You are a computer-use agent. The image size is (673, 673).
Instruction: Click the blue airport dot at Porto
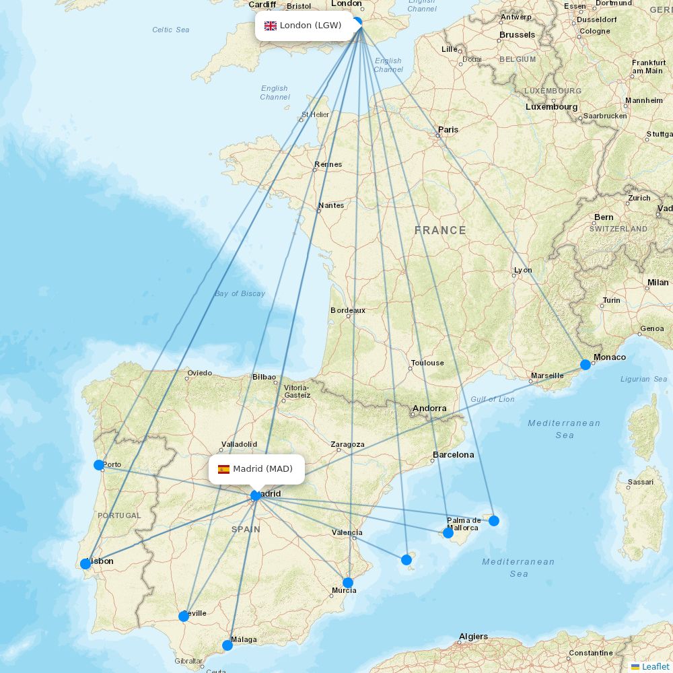[99, 465]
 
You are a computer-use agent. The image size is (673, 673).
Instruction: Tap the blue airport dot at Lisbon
[85, 564]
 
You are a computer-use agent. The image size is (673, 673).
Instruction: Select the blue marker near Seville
[184, 616]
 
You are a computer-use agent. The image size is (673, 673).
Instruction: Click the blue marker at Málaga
[227, 645]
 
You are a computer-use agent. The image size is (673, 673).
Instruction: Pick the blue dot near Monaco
[586, 365]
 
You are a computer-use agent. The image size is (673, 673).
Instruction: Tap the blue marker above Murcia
[348, 583]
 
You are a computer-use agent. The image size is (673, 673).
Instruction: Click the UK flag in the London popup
[271, 26]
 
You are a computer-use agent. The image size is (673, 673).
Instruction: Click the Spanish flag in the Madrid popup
[223, 469]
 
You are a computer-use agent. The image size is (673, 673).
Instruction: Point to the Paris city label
[448, 129]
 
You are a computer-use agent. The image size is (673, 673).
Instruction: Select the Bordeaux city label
[348, 310]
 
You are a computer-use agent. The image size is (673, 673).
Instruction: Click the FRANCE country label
[440, 230]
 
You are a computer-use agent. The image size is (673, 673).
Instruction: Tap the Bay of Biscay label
[240, 293]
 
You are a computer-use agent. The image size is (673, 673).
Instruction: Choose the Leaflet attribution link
[655, 666]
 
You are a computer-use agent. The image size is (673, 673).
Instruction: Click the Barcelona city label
[454, 454]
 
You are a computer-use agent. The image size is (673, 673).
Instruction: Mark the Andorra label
[429, 408]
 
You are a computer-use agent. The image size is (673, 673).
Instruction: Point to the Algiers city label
[473, 636]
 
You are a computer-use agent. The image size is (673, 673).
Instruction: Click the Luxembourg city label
[552, 106]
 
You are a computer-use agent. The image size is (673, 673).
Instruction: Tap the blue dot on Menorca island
[494, 521]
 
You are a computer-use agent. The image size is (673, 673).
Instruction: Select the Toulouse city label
[427, 363]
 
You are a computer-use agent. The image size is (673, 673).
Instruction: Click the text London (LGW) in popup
[311, 26]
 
